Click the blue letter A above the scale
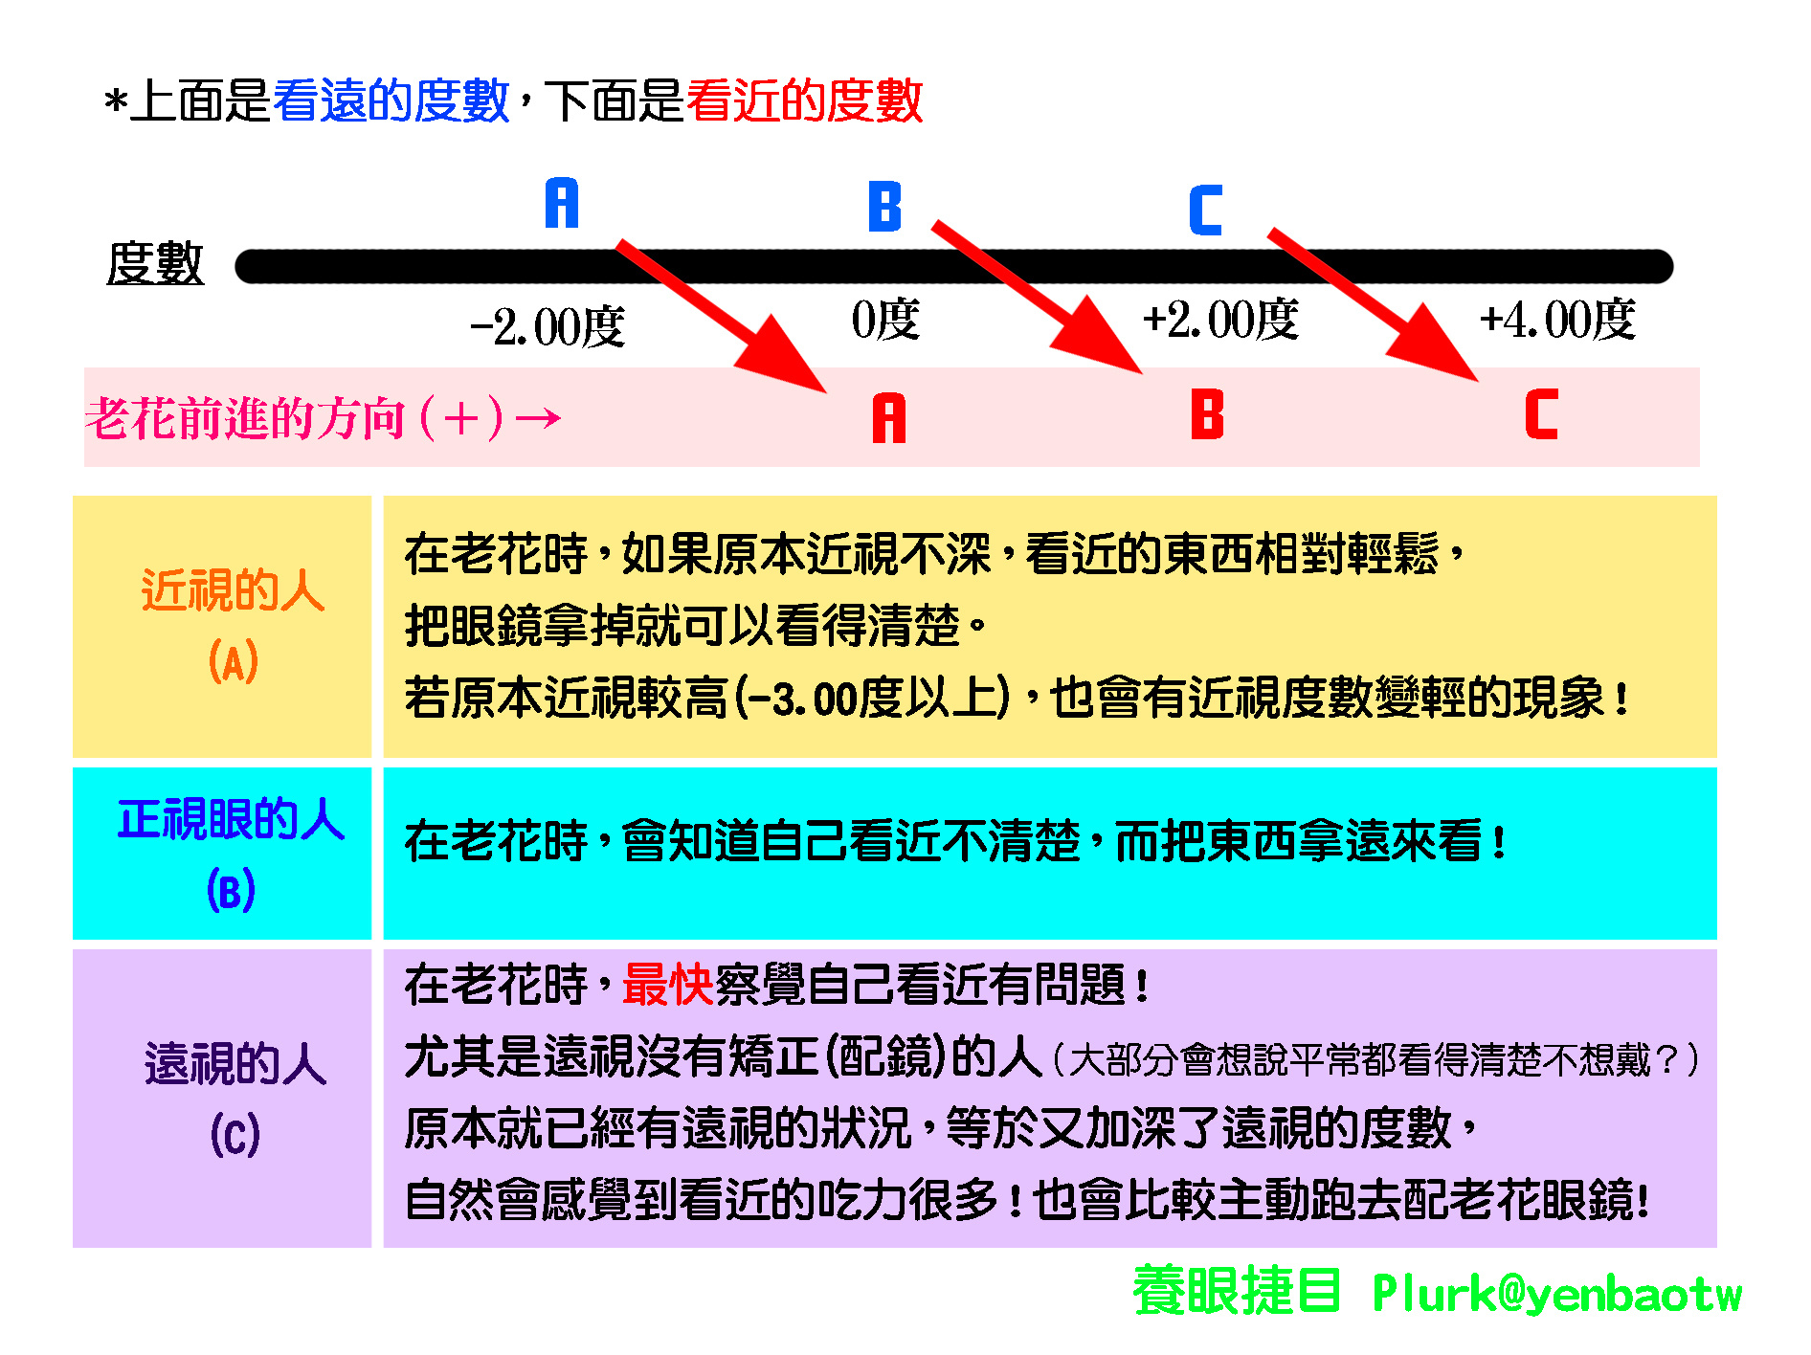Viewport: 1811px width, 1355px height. (x=562, y=203)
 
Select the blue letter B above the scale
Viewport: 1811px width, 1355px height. (x=885, y=207)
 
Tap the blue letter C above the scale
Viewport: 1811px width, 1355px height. (x=1206, y=211)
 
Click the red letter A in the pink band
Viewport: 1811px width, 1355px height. (x=889, y=418)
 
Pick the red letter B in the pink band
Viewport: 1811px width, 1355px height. (x=1208, y=413)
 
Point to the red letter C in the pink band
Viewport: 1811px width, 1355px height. (x=1542, y=413)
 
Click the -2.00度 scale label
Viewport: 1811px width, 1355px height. (x=548, y=327)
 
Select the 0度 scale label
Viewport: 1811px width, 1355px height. (x=885, y=320)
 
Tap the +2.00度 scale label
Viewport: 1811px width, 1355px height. (x=1220, y=320)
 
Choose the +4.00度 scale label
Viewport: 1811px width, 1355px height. (x=1557, y=320)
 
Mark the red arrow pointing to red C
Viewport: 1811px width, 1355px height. (x=1374, y=304)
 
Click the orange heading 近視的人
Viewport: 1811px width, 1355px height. (x=233, y=589)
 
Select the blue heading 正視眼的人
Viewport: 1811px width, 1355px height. (x=231, y=819)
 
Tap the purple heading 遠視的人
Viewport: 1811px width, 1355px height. (x=235, y=1063)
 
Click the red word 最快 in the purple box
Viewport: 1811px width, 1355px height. (x=668, y=985)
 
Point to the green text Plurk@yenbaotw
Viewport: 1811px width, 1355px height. (x=1557, y=1294)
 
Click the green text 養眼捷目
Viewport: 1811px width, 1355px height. (x=1237, y=1290)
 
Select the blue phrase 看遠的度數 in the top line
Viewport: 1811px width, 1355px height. (x=391, y=100)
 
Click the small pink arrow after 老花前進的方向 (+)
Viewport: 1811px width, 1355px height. (x=538, y=418)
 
